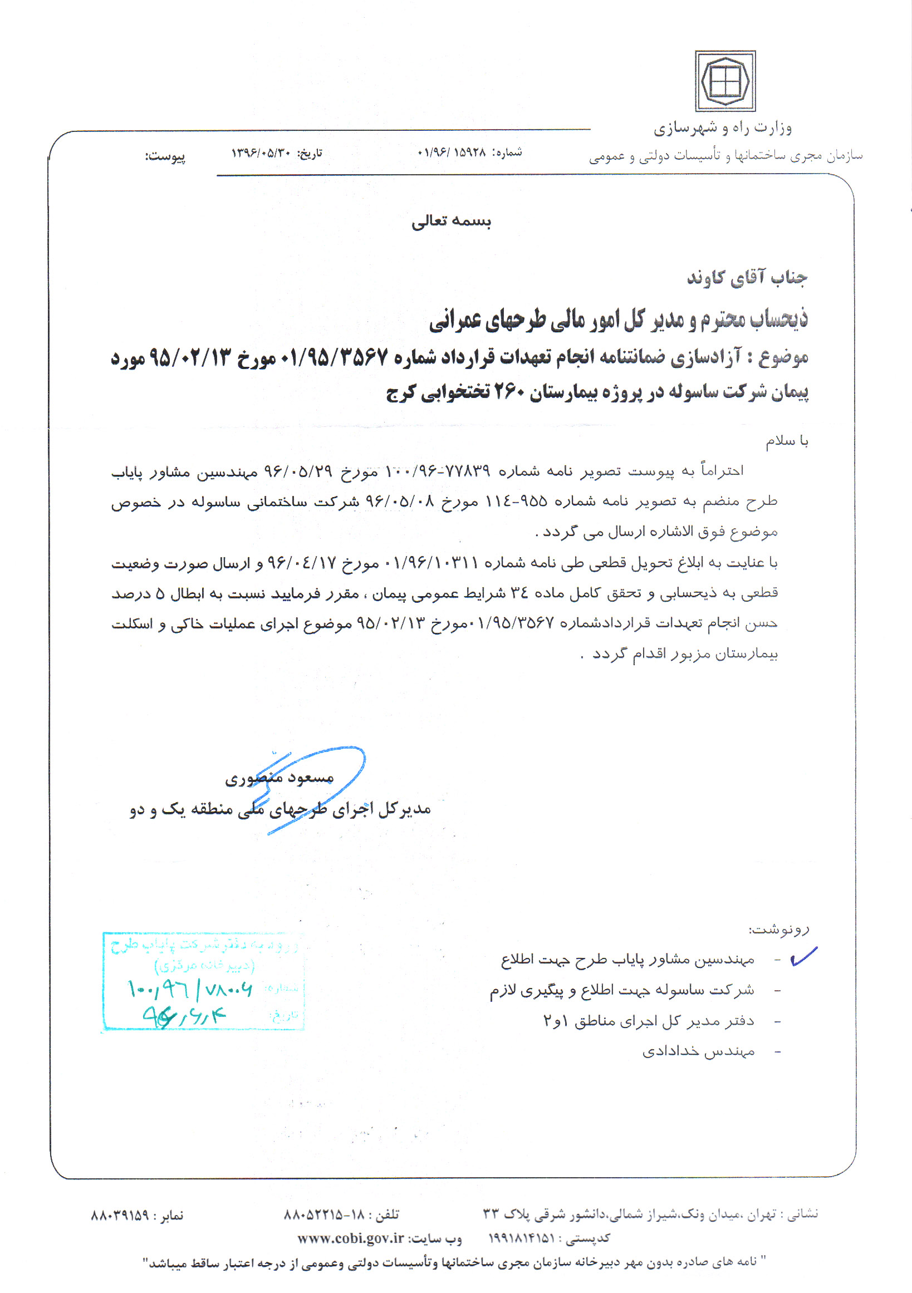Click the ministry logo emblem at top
(x=724, y=81)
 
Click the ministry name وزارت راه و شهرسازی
(x=723, y=129)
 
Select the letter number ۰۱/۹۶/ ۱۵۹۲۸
(x=452, y=153)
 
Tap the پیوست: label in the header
(x=165, y=156)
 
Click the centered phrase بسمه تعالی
(x=451, y=222)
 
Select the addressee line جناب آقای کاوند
(x=747, y=278)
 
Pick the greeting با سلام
(x=786, y=441)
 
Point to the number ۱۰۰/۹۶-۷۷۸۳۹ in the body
(x=438, y=470)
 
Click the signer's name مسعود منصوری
(x=280, y=778)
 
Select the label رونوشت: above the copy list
(x=778, y=929)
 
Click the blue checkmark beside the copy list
(x=803, y=956)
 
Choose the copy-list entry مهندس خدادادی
(x=699, y=1051)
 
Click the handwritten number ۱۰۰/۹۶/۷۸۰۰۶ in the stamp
(x=190, y=989)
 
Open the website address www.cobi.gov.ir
(x=350, y=1238)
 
